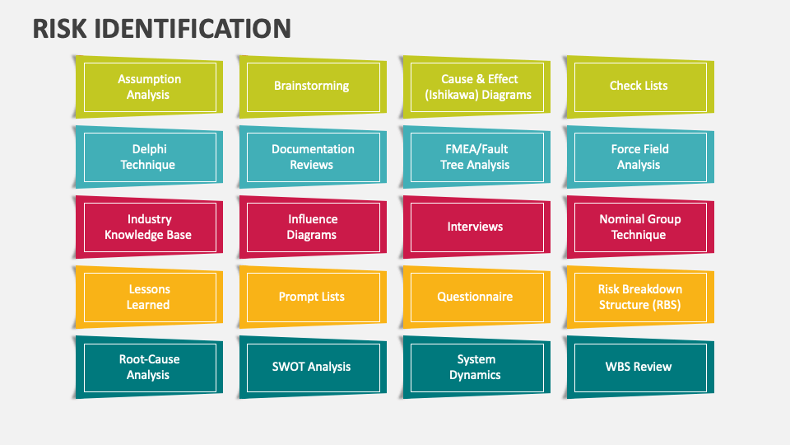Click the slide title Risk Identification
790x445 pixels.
click(162, 28)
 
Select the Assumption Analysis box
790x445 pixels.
click(148, 87)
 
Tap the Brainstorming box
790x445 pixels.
click(311, 87)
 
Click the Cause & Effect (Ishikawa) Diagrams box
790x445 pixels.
click(475, 87)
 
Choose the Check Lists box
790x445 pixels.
click(639, 87)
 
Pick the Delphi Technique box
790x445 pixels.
click(148, 157)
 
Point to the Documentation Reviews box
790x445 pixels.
click(311, 157)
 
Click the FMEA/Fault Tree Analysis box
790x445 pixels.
click(475, 157)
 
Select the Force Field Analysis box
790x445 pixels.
click(639, 157)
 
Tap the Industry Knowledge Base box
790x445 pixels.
click(148, 227)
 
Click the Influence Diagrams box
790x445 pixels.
click(311, 227)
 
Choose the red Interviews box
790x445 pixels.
click(475, 227)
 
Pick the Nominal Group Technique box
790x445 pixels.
click(639, 227)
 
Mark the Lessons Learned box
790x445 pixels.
click(148, 297)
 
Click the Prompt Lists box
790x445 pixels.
click(311, 297)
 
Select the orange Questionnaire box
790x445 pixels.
click(475, 297)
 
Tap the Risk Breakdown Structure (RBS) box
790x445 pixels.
click(639, 297)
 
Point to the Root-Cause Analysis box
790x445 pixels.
click(148, 367)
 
